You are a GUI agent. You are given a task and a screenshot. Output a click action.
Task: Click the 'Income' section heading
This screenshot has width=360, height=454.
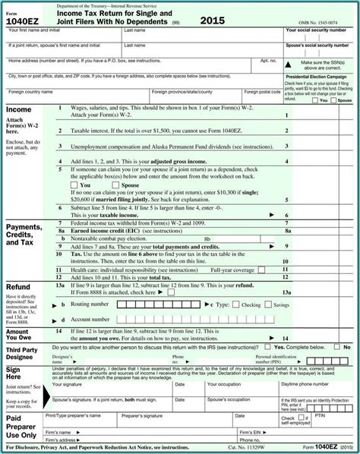coord(19,110)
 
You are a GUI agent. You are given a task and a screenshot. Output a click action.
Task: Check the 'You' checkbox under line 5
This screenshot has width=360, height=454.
coord(73,184)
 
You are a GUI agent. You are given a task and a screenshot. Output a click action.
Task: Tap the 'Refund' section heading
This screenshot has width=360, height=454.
coord(18,287)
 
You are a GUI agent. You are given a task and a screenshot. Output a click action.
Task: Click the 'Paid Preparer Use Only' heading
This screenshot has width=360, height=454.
coord(19,427)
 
